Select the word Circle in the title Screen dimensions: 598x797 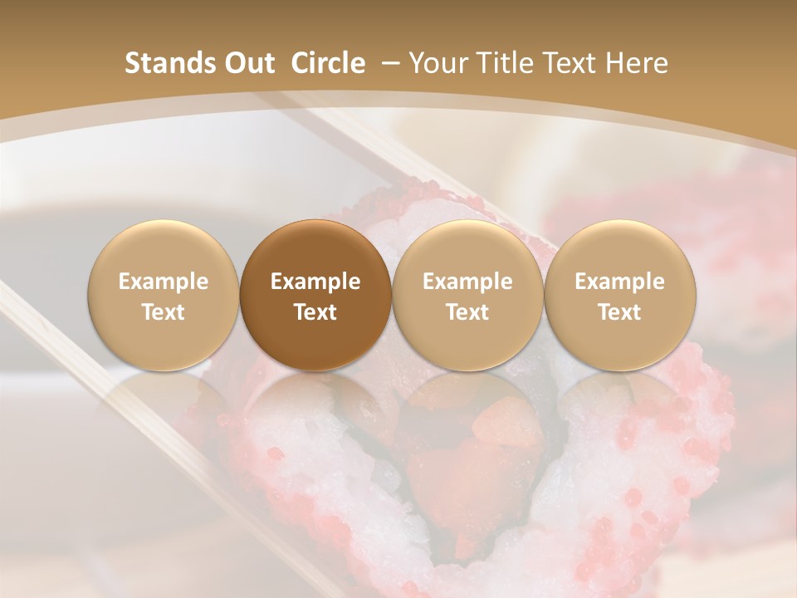[x=328, y=63]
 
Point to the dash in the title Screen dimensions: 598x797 [x=388, y=63]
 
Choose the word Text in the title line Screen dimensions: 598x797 [x=561, y=63]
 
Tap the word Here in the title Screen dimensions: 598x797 [x=633, y=63]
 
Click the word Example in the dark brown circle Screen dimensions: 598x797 [x=315, y=282]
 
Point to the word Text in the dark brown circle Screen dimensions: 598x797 [x=315, y=311]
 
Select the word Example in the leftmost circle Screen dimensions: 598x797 [x=164, y=282]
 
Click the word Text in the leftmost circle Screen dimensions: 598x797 [x=164, y=311]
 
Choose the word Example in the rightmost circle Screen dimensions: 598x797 [x=620, y=282]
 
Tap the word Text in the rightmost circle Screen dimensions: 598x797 [x=620, y=311]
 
